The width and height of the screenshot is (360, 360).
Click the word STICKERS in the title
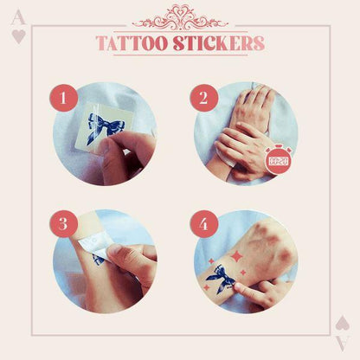tap(221, 43)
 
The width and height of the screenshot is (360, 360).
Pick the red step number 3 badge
tap(61, 224)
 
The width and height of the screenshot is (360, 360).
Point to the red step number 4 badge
tap(203, 224)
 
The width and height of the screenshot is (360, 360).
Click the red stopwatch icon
tap(278, 159)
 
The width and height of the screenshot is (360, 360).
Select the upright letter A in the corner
tap(18, 18)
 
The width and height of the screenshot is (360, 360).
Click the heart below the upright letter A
tap(18, 36)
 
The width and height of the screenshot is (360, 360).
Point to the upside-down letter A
tap(341, 342)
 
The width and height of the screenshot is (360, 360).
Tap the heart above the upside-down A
tap(341, 323)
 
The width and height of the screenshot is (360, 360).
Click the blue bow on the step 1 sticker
tap(109, 125)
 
